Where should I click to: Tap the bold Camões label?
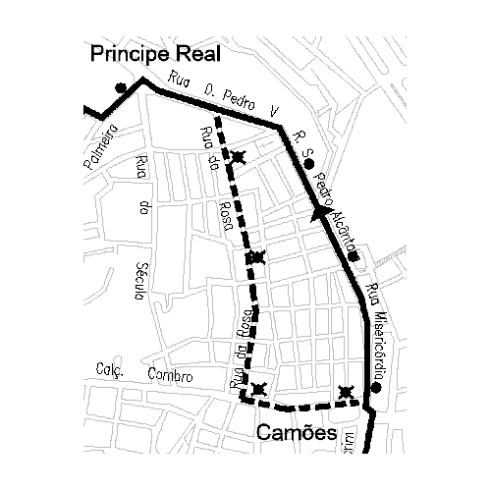[x=298, y=433]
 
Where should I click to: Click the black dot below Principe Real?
[x=120, y=87]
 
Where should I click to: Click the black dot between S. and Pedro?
[x=309, y=164]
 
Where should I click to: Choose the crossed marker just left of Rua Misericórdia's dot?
[x=346, y=393]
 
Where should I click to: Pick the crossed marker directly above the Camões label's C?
[x=258, y=391]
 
